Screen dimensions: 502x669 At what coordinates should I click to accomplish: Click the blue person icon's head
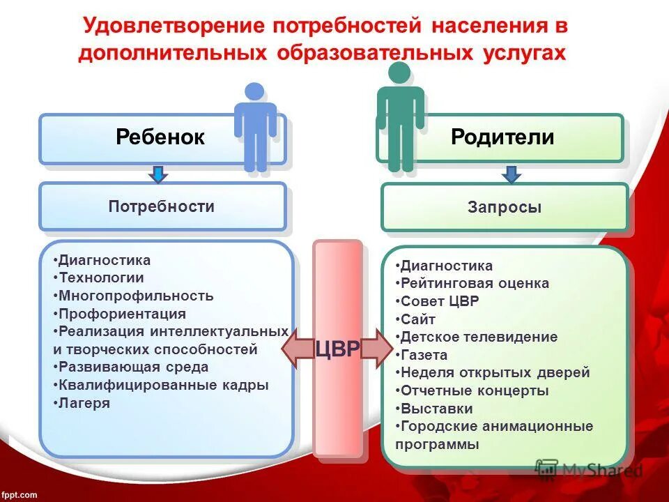click(255, 91)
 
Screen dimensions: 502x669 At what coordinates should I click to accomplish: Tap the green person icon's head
click(399, 73)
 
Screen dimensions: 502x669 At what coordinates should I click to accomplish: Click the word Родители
click(502, 137)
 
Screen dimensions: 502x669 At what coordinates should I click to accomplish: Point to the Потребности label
click(161, 206)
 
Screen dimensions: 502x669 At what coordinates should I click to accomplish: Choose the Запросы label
click(505, 207)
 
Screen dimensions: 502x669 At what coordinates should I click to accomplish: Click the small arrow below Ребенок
click(158, 174)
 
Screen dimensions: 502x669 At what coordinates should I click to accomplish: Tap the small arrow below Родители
click(512, 174)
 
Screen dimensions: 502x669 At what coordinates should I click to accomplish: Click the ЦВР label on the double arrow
click(337, 349)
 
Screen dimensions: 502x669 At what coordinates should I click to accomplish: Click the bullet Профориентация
click(122, 314)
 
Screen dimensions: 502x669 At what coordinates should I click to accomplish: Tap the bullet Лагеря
click(84, 403)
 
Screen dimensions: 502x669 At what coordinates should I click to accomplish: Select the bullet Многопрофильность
click(135, 296)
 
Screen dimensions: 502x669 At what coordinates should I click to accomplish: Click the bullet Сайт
click(418, 319)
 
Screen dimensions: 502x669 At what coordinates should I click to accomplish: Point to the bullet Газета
click(424, 355)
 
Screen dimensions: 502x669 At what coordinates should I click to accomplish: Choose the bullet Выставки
click(436, 409)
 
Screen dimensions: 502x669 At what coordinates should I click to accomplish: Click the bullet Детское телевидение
click(479, 337)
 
